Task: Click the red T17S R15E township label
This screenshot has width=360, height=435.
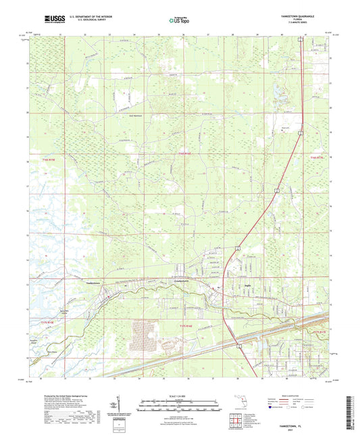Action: (53, 323)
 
